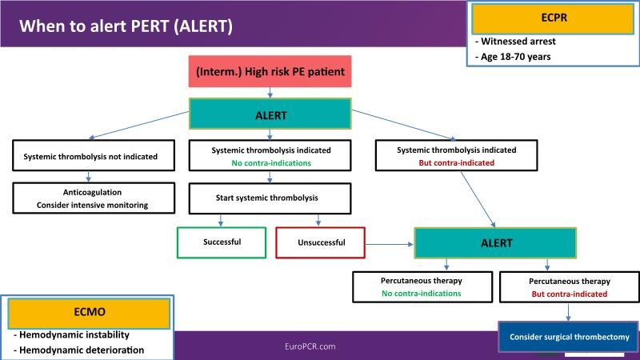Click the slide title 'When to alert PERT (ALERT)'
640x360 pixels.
pos(126,26)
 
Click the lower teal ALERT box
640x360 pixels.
pos(494,242)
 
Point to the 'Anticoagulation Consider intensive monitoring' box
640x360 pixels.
pos(95,198)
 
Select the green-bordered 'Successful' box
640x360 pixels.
pos(222,241)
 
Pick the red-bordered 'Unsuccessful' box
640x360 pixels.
pos(319,241)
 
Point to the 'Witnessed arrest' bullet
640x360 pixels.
pos(518,41)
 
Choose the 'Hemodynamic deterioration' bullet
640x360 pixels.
pos(78,350)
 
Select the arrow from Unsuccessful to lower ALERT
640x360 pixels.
pos(388,241)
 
